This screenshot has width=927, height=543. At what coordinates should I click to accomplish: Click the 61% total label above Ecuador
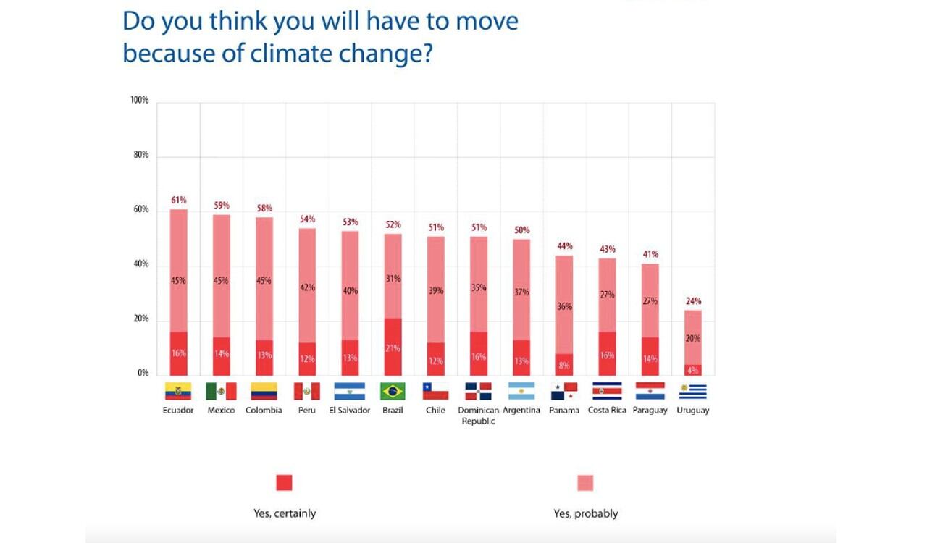pyautogui.click(x=179, y=200)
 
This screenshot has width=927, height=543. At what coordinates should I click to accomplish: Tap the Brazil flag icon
pyautogui.click(x=393, y=392)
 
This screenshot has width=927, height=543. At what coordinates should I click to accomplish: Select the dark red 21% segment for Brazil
pyautogui.click(x=393, y=347)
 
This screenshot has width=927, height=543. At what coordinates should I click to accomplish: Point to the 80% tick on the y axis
pyautogui.click(x=140, y=155)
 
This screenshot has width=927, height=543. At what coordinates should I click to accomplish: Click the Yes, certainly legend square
pyautogui.click(x=284, y=483)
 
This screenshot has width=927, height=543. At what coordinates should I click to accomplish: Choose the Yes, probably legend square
pyautogui.click(x=585, y=483)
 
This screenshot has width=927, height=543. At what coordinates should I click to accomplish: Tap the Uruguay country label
pyautogui.click(x=693, y=410)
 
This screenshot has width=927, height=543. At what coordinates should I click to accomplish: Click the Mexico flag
pyautogui.click(x=221, y=392)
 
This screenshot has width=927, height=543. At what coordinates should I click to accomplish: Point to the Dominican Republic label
pyautogui.click(x=478, y=415)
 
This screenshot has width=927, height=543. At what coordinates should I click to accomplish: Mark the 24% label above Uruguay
pyautogui.click(x=693, y=301)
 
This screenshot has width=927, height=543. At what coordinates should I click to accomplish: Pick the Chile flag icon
pyautogui.click(x=435, y=392)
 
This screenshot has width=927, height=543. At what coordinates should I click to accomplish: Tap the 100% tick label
pyautogui.click(x=140, y=100)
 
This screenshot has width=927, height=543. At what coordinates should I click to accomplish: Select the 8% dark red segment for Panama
pyautogui.click(x=564, y=365)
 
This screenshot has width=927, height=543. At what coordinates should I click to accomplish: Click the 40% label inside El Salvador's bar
pyautogui.click(x=350, y=291)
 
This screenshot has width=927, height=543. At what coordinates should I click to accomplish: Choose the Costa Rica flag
pyautogui.click(x=607, y=392)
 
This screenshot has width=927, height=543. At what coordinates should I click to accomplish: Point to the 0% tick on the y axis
pyautogui.click(x=143, y=374)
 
